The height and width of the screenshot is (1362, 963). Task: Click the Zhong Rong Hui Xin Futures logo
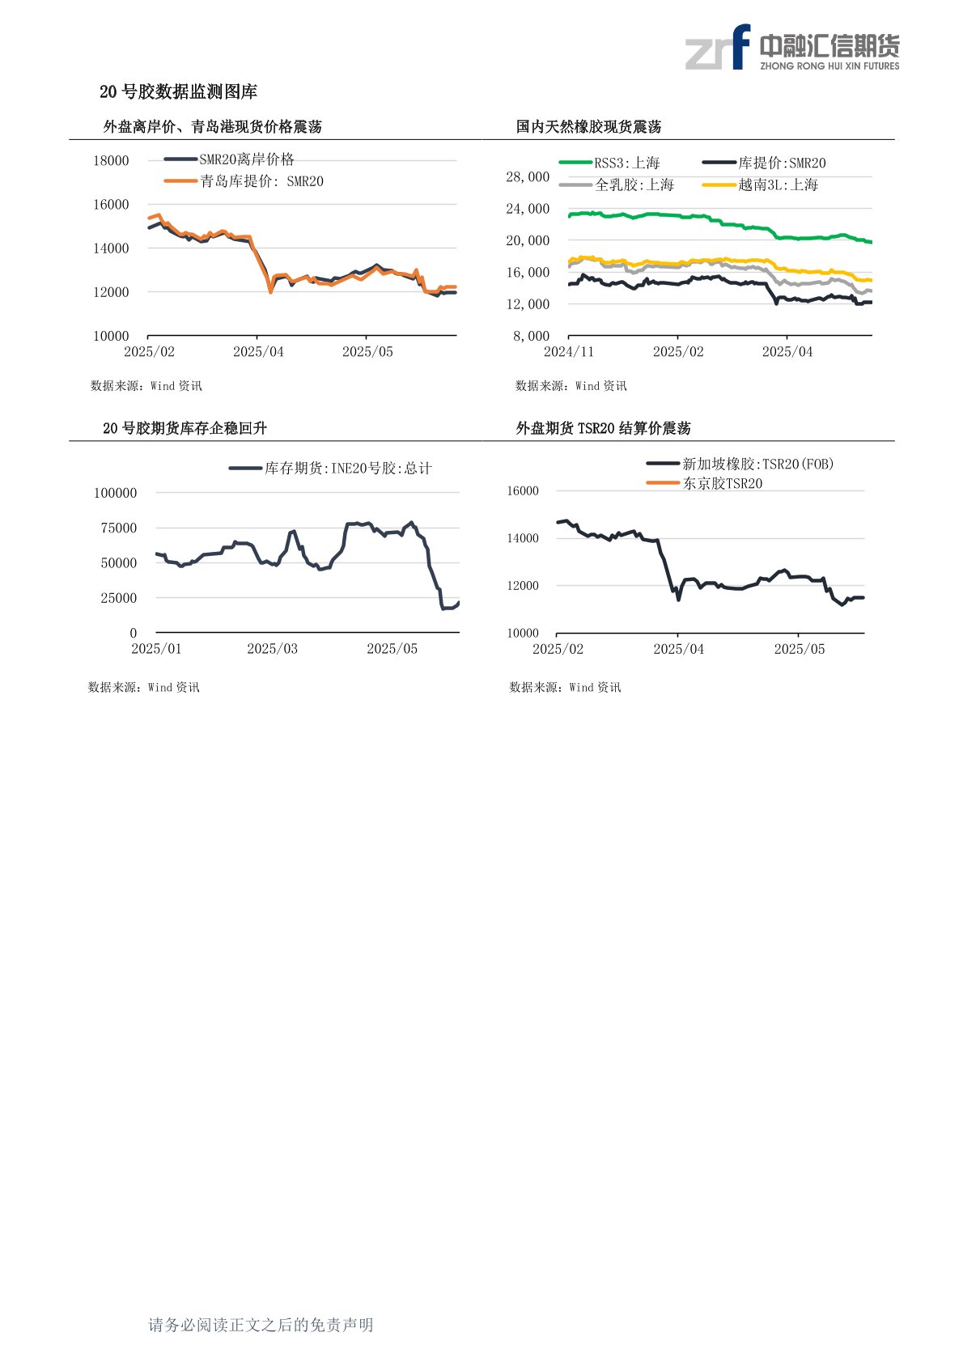coord(791,48)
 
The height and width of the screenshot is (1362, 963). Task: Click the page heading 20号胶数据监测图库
coord(178,92)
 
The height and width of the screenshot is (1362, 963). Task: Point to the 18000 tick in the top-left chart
coord(111,160)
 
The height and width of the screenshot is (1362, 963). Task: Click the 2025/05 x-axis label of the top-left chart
coord(367,352)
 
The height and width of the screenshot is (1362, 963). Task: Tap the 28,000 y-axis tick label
coord(528,176)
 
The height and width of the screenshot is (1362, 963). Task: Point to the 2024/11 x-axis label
coord(569,352)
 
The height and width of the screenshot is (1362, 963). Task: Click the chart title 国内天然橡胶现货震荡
coord(588,127)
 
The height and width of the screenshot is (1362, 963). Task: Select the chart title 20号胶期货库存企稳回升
coord(185,428)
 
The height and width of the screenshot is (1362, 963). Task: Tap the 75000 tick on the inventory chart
coord(119,528)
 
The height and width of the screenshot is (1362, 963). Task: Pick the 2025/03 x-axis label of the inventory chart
coord(272,649)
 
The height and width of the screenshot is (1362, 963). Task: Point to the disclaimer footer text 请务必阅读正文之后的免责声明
coord(261,1325)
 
